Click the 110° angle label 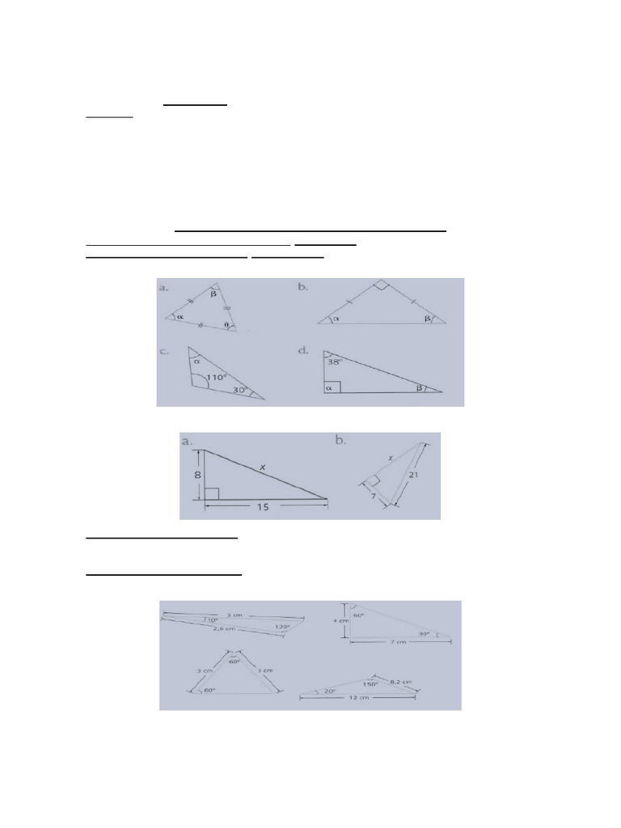[217, 378]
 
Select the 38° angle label [335, 362]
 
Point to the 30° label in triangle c [241, 391]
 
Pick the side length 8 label [195, 475]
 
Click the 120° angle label [281, 627]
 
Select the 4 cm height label [341, 620]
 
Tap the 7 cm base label [398, 643]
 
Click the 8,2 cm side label [401, 682]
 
